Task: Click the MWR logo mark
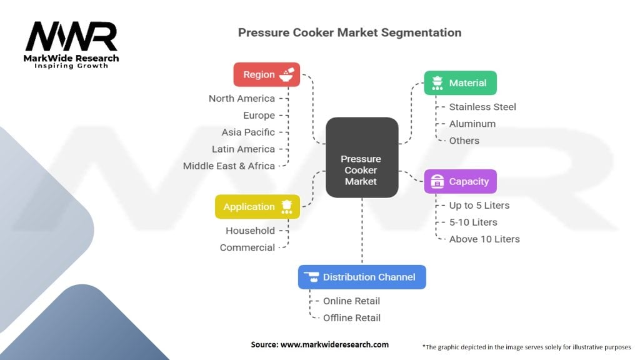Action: (x=71, y=37)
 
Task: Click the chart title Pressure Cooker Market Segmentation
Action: (x=349, y=32)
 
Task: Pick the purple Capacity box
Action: (x=460, y=182)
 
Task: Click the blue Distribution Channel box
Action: (x=362, y=277)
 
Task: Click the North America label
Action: (x=242, y=98)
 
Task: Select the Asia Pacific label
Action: (x=248, y=132)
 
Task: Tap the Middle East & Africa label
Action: (x=229, y=166)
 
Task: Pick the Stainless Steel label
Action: (x=482, y=107)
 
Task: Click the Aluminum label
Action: (x=472, y=124)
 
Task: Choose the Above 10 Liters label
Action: (x=484, y=239)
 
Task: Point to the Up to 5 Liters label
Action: (x=479, y=205)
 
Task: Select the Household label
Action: (x=250, y=231)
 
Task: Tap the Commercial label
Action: (x=247, y=247)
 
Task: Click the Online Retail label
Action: (x=351, y=301)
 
